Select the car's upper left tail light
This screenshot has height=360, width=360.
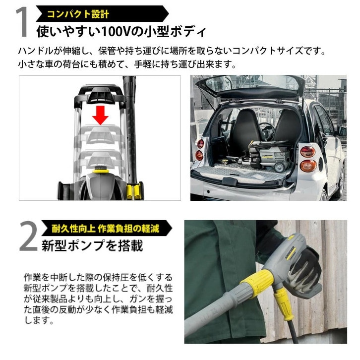pyautogui.click(x=200, y=143)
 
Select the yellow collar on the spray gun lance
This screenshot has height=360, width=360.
pyautogui.click(x=256, y=284)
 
